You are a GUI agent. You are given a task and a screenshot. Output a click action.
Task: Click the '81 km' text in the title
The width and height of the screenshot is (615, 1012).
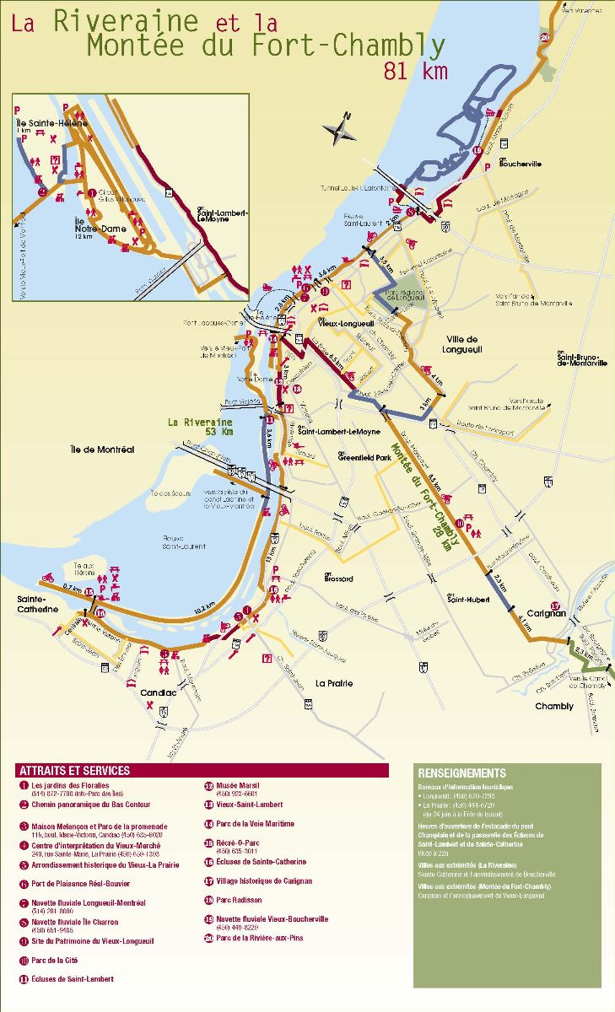click(x=415, y=71)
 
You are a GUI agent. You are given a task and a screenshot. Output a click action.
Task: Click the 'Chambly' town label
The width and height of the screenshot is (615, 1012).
click(x=553, y=706)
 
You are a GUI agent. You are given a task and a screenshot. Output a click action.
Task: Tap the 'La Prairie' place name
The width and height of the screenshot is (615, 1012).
click(x=334, y=682)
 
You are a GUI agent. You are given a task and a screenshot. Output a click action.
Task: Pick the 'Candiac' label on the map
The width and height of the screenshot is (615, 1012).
click(x=158, y=692)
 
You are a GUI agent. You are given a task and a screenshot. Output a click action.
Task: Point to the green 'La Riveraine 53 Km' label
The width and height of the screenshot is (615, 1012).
click(x=200, y=427)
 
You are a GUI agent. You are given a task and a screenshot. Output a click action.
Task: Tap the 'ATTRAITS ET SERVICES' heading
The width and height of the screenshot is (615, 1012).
click(x=74, y=771)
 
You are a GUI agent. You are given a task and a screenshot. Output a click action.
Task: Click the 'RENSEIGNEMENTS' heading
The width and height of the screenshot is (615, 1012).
click(x=461, y=772)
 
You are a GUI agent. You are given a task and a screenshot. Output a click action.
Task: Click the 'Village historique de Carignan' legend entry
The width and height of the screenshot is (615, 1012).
click(x=264, y=880)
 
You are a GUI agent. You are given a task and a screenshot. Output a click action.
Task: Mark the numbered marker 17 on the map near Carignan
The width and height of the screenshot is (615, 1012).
click(x=554, y=606)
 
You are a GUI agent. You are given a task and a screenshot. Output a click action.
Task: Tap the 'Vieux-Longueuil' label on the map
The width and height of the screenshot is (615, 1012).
click(x=346, y=323)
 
